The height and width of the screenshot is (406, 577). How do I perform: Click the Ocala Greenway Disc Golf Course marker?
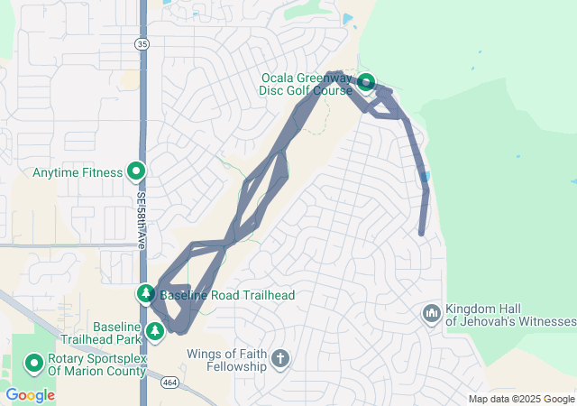point(366,83)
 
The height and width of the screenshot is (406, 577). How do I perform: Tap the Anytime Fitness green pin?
point(137,170)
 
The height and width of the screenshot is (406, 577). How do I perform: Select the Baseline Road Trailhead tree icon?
point(146,293)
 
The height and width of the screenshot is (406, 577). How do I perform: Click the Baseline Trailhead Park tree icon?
point(155,331)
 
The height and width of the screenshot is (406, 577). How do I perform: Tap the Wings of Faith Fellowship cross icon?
point(280,359)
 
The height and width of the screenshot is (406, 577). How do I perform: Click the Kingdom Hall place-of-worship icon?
point(431,313)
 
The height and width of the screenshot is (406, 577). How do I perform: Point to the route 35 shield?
point(142,43)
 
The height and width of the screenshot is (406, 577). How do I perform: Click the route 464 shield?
point(169,383)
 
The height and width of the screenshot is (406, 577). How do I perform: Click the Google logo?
point(30,395)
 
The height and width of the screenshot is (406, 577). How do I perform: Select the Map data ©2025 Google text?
point(521,400)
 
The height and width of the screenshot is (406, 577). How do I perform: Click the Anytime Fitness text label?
point(78,171)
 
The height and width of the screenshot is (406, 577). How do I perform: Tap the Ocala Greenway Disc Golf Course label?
point(307,84)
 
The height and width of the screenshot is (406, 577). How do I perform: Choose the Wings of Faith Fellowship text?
point(227,360)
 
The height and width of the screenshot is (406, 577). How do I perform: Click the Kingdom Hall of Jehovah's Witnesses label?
point(510,315)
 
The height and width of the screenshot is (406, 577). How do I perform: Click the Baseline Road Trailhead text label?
point(226,295)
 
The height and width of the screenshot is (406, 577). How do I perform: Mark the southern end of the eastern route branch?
point(422,233)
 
